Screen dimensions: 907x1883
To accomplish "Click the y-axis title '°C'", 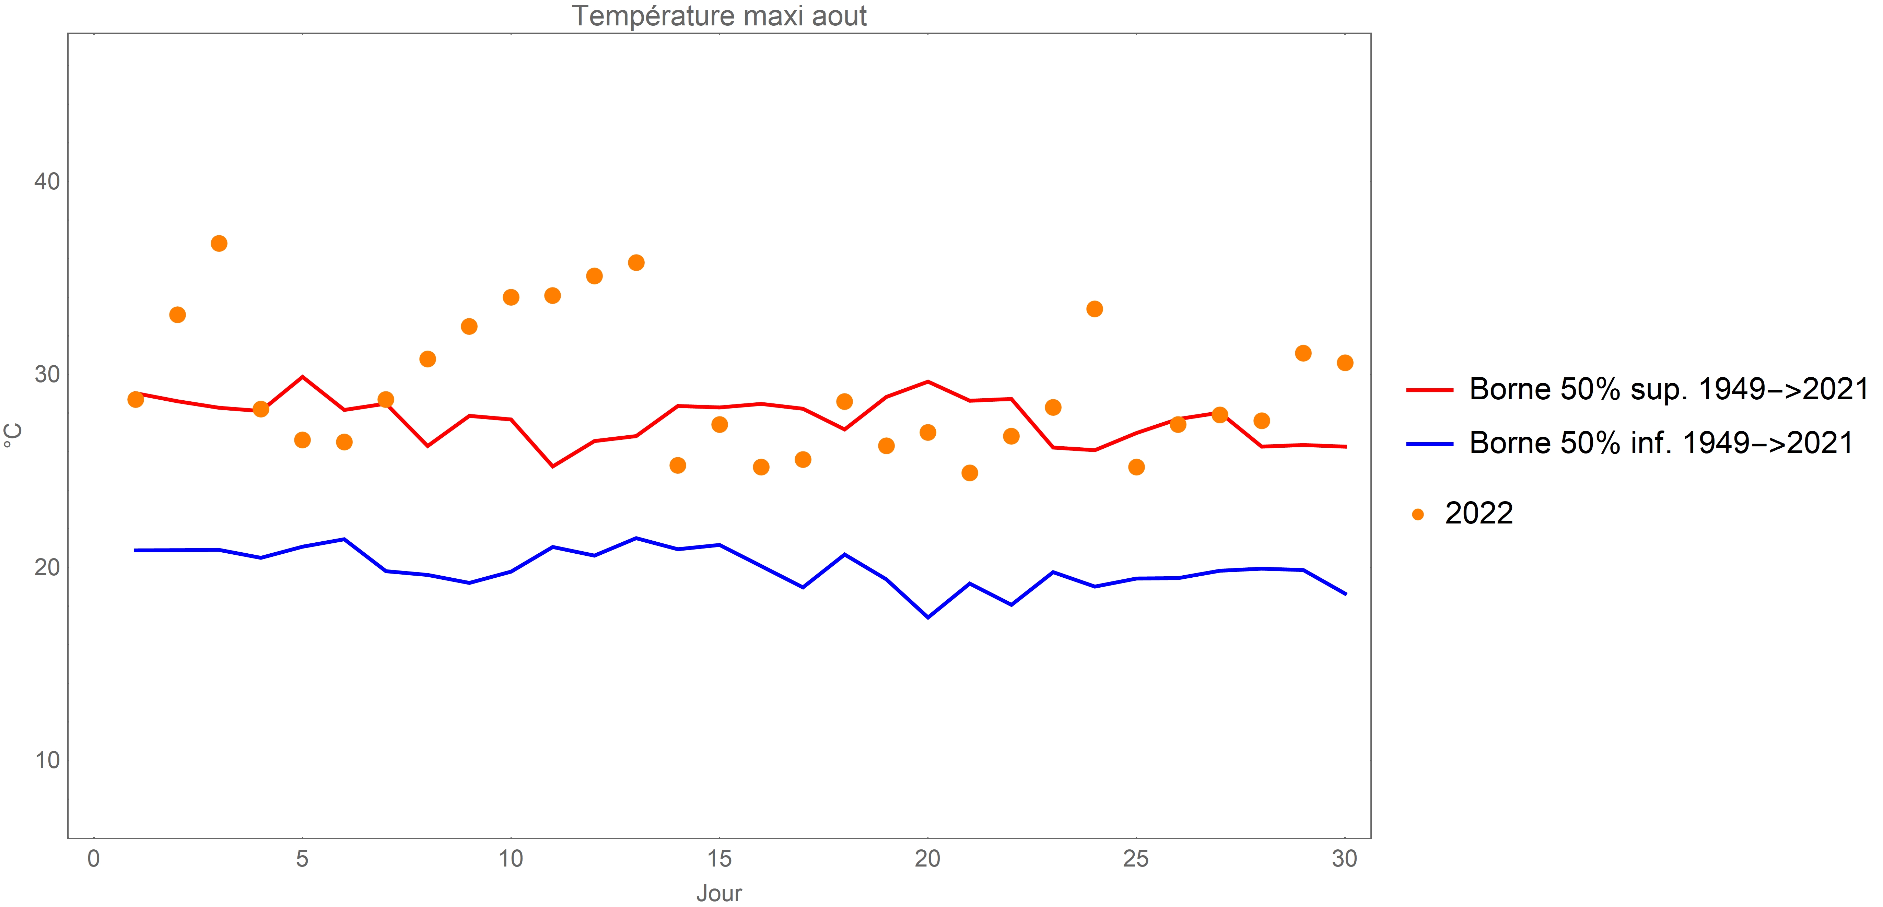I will coord(13,435).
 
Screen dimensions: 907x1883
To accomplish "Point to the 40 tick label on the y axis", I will coord(47,181).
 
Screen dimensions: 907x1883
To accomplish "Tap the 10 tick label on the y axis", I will coord(47,760).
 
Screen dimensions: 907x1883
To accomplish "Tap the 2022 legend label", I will coord(1478,514).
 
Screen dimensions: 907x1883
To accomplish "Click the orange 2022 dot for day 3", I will coord(219,243).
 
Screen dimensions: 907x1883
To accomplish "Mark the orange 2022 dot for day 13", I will coord(636,262).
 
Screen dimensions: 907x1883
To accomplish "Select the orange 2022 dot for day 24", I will coord(1094,309).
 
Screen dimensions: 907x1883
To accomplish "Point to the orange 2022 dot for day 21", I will coord(969,473).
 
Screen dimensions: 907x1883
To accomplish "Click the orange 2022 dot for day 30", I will coord(1344,363).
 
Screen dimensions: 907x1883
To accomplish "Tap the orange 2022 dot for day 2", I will coord(177,315).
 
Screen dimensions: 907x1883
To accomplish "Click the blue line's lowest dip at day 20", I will coord(928,617).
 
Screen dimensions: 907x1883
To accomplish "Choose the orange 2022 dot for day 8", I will coord(428,359).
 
